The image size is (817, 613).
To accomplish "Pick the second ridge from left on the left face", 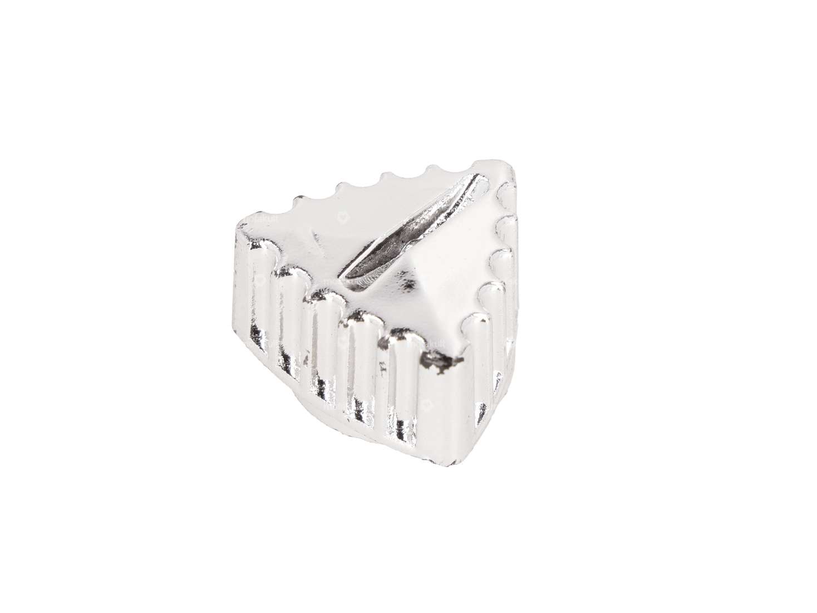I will click(x=290, y=328).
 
